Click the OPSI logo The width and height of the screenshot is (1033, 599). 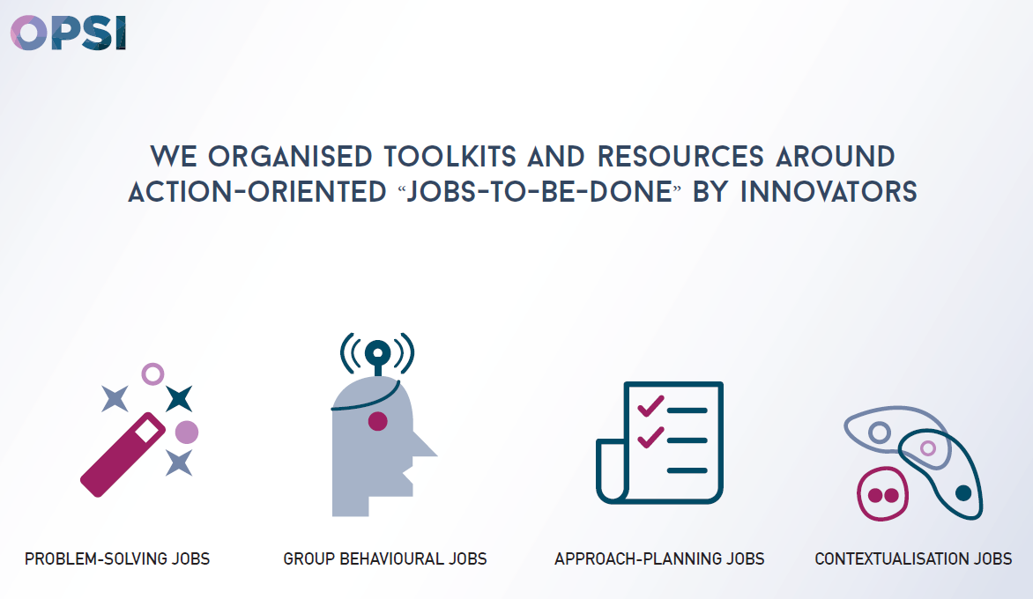click(69, 33)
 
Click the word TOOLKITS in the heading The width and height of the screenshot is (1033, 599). click(450, 157)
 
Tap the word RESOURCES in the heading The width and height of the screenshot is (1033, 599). click(680, 157)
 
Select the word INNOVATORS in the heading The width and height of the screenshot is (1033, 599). click(829, 192)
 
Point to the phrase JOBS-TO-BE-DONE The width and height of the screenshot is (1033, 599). click(539, 192)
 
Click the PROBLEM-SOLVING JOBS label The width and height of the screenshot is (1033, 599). click(117, 558)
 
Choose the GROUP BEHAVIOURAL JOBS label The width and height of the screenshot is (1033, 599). click(385, 558)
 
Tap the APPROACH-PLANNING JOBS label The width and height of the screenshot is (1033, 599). click(659, 558)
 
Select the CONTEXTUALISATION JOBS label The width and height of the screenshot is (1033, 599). click(913, 558)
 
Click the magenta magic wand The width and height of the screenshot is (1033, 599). click(123, 455)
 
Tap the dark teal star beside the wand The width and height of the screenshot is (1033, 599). click(179, 398)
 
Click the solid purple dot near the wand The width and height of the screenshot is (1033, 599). click(187, 433)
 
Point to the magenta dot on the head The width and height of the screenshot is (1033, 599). click(377, 421)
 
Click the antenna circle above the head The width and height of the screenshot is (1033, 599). click(377, 353)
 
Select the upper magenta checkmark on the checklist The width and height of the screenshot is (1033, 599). click(650, 405)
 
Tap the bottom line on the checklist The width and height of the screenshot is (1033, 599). click(687, 470)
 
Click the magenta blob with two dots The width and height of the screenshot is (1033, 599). click(883, 493)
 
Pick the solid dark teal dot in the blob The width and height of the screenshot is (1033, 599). click(963, 492)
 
